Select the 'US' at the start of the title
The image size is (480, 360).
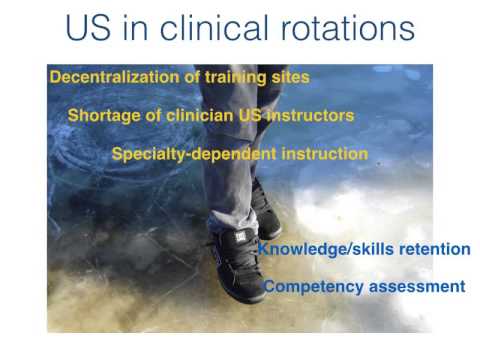point(89,27)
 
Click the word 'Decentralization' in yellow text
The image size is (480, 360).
point(110,76)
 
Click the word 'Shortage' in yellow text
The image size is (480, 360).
point(102,115)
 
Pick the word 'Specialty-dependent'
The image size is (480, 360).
point(190,154)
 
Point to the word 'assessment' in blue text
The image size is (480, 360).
point(415,287)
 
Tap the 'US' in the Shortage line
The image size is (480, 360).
point(245,115)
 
